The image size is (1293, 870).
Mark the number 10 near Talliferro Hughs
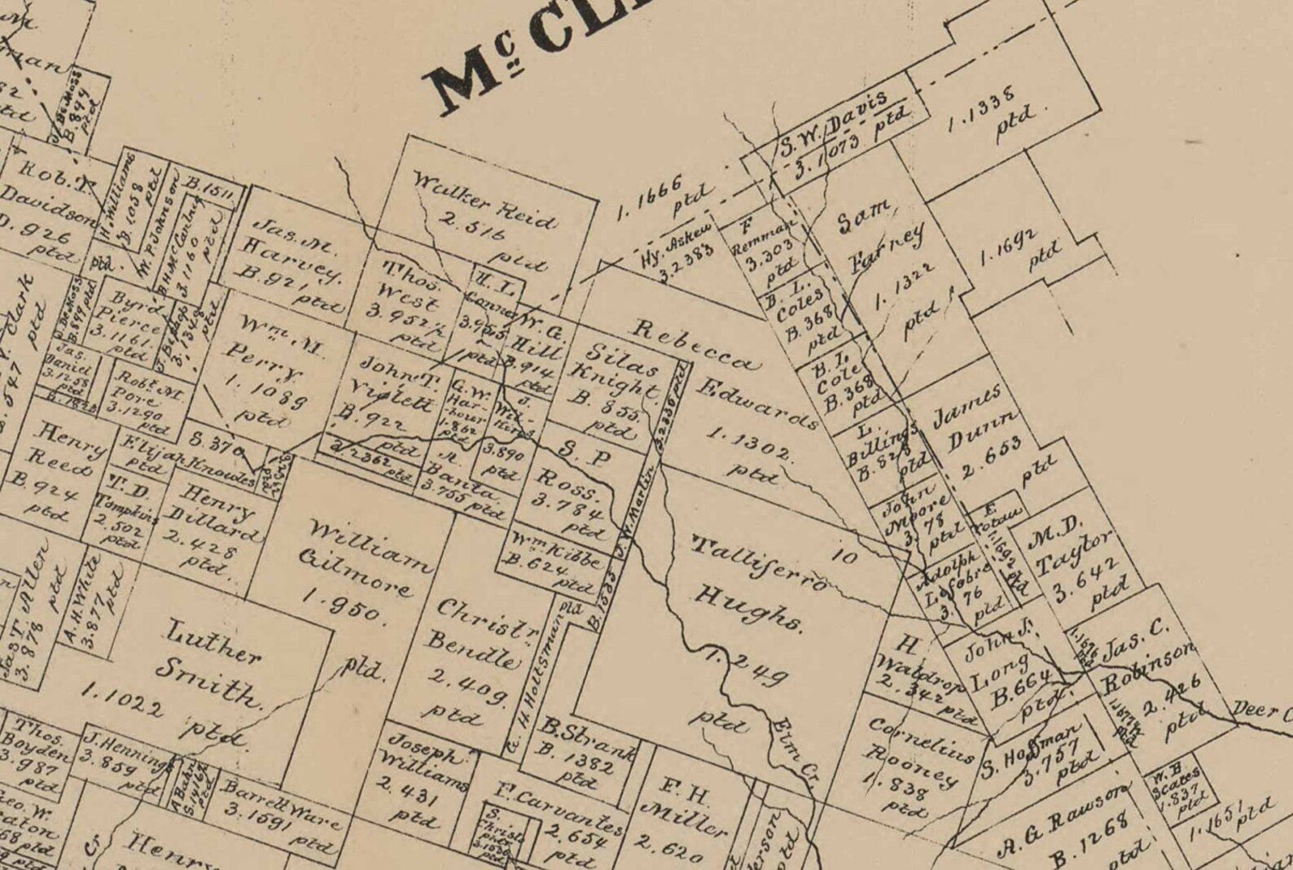(x=845, y=557)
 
